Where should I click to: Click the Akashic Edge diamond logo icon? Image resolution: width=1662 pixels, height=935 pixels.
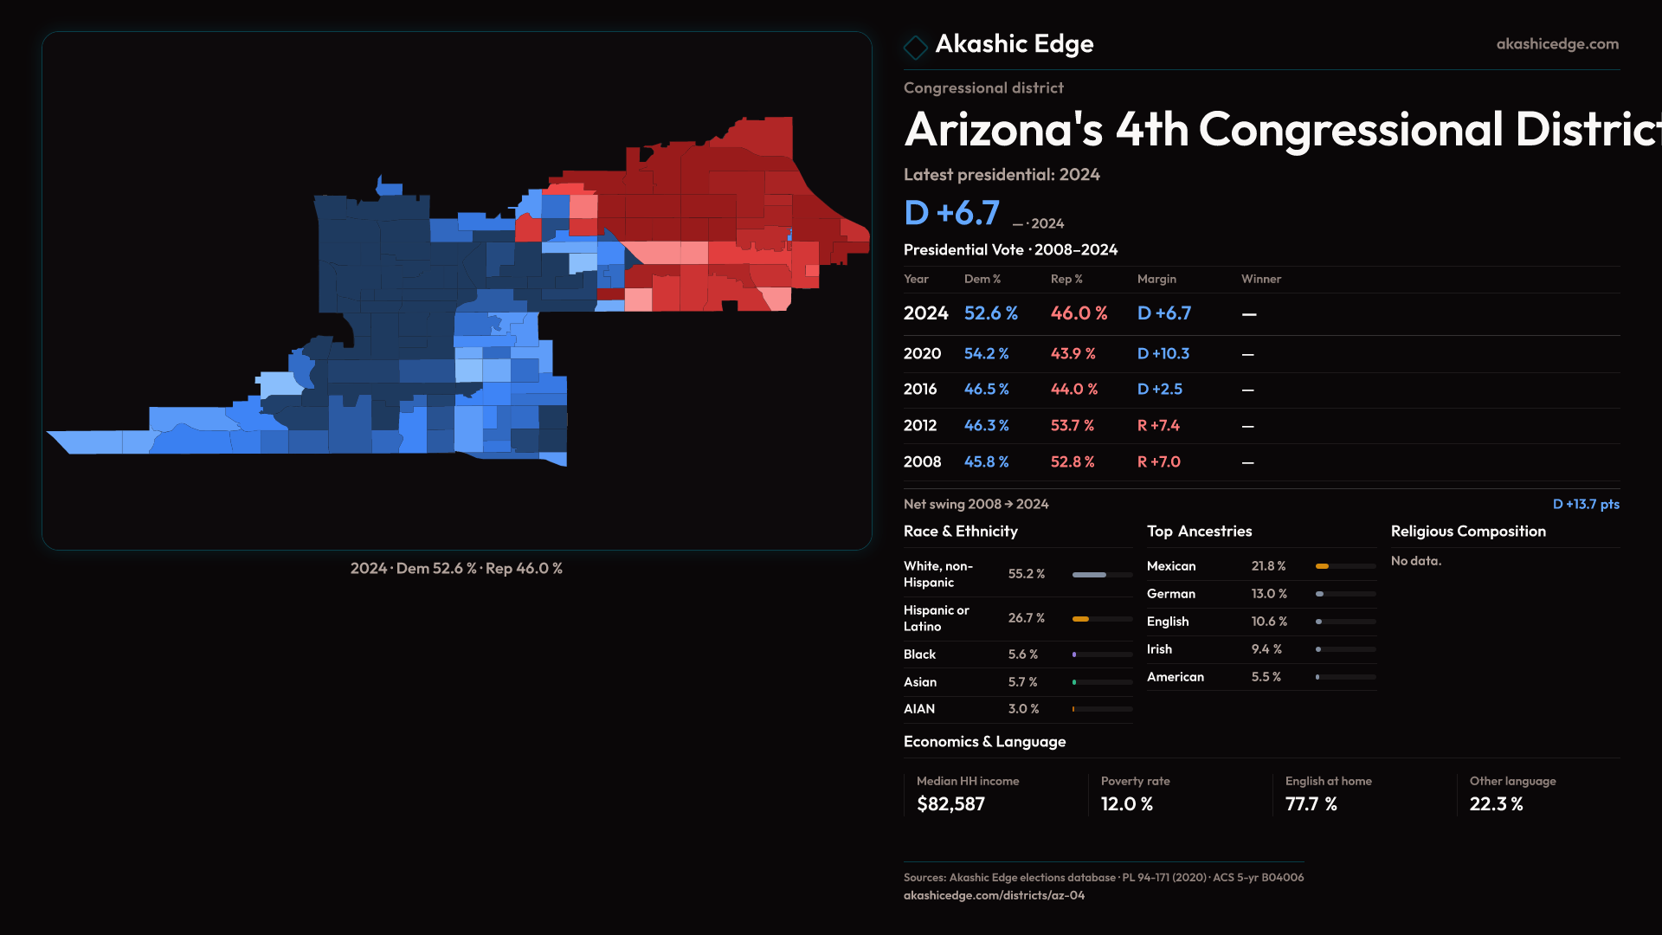coord(915,46)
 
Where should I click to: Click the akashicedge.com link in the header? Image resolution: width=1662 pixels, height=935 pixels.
coord(1557,44)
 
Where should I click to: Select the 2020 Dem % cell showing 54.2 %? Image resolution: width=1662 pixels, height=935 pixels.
coord(986,354)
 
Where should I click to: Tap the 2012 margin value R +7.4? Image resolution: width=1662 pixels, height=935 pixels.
coord(1158,426)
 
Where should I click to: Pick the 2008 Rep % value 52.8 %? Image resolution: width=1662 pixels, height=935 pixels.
coord(1073,462)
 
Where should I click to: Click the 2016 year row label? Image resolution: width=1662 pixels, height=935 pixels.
coord(919,390)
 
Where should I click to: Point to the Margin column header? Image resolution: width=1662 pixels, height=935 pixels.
coord(1156,279)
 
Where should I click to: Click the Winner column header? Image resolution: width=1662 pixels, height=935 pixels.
coord(1260,279)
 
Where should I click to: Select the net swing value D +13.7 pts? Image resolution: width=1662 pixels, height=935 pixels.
coord(1585,504)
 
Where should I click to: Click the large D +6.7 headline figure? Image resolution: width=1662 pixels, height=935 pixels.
coord(951,213)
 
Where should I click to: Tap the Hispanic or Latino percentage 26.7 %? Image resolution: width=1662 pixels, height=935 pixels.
coord(1026,618)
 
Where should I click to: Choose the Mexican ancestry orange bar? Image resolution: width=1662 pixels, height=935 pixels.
coord(1322,566)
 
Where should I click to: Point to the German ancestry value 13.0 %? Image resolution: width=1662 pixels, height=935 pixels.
coord(1269,594)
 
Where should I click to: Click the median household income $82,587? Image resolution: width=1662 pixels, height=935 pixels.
coord(950,804)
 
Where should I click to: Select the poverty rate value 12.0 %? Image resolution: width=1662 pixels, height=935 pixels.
coord(1126,804)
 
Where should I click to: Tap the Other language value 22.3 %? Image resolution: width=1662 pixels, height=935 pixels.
coord(1496,804)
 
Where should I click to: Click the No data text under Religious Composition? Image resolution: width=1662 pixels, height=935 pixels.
coord(1415,561)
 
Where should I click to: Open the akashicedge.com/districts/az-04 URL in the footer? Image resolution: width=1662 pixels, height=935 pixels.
coord(994,895)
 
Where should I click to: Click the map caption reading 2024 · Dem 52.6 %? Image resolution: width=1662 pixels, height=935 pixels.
coord(456,569)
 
